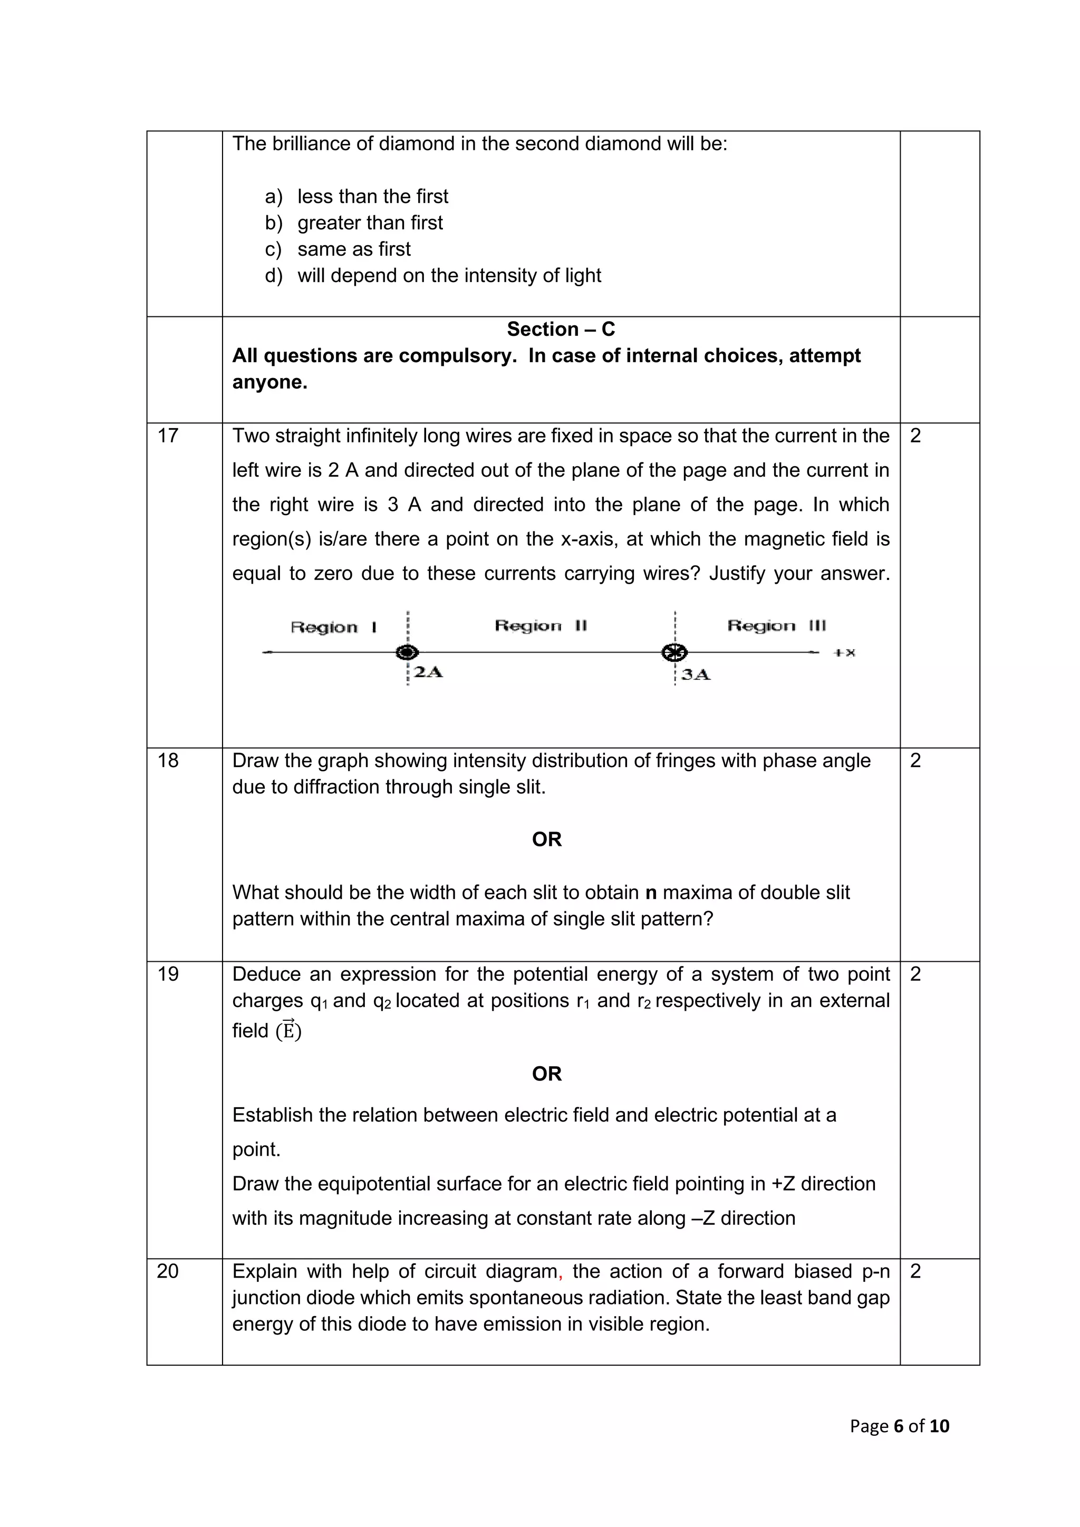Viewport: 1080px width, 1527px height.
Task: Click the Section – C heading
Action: [x=561, y=329]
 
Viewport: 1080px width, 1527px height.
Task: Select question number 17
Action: [x=168, y=436]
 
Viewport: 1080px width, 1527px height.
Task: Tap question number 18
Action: [x=168, y=760]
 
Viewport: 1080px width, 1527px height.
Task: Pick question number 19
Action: [x=168, y=974]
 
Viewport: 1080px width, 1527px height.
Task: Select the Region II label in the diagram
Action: [x=541, y=626]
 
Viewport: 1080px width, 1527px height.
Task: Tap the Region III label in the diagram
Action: [x=776, y=626]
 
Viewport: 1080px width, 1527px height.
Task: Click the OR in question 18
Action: [x=547, y=839]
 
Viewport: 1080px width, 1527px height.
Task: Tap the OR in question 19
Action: [x=547, y=1074]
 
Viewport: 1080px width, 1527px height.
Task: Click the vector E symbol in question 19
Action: [x=288, y=1030]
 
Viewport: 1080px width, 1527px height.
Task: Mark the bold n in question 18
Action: [x=651, y=893]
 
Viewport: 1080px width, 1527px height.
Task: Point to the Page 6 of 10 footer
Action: [x=899, y=1426]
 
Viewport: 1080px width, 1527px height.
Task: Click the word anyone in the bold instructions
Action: [x=269, y=382]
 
